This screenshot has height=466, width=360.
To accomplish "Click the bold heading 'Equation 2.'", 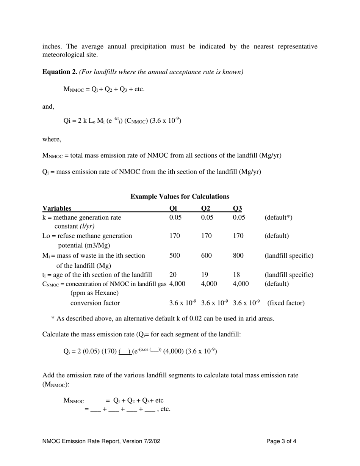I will pos(60,72).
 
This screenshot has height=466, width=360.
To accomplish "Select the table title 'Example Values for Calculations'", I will pos(180,196).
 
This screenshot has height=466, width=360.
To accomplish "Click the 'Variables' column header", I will pos(57,208).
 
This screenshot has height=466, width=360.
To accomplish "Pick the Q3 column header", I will pos(238,208).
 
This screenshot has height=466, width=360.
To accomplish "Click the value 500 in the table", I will pos(174,256).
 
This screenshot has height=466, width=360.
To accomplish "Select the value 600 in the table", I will pos(206,256).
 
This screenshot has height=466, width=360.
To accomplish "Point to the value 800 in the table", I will pos(238,256).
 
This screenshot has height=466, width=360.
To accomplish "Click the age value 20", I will pos(173,275).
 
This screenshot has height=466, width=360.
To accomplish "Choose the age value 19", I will pos(205,275).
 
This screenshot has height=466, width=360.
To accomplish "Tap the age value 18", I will pos(236,275).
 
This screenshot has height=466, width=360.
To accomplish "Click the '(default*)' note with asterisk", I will pos(278,217).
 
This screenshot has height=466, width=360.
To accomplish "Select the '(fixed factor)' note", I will pos(286,303).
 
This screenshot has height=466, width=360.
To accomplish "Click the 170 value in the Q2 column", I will pos(206,236).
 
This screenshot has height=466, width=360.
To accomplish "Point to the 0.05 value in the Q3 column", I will pos(239,217).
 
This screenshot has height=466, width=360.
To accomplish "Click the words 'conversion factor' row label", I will pos(95,303).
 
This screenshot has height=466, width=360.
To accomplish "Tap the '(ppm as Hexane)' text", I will pos(94,293).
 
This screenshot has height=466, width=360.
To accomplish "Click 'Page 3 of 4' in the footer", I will pos(281,441).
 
